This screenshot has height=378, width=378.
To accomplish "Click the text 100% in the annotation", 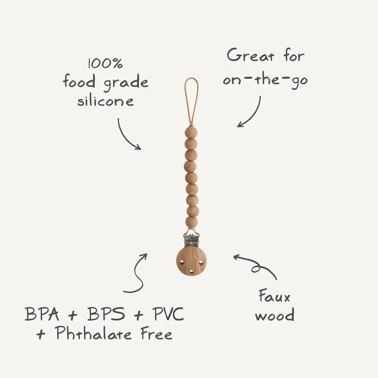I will (x=105, y=64).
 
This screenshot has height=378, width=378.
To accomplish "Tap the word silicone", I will (x=105, y=101).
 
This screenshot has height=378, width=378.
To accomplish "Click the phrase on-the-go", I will (x=265, y=80).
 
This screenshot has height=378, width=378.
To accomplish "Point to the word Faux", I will (x=274, y=296).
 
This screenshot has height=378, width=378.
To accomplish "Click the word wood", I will (x=274, y=315).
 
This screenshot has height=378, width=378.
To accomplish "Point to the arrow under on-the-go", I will (x=250, y=112).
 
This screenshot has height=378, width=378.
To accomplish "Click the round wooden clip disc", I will (x=191, y=260).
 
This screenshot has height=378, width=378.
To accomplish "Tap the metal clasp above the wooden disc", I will (x=191, y=238).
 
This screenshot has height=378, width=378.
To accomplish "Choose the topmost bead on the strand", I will (x=191, y=132).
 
